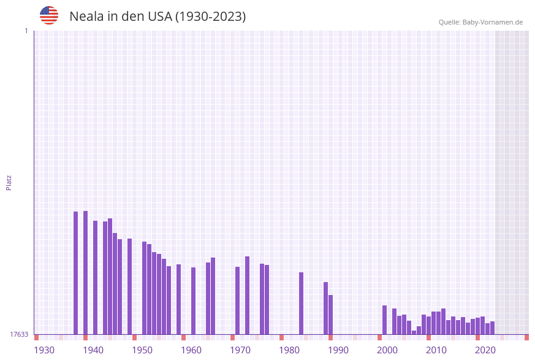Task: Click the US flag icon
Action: tap(49, 15)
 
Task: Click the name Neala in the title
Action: tap(86, 17)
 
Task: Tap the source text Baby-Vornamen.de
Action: tap(493, 22)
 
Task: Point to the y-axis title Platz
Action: tap(9, 182)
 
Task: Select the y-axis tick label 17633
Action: tap(19, 334)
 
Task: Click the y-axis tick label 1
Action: tap(26, 31)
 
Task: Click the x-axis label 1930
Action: tap(44, 350)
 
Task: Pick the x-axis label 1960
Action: tap(191, 350)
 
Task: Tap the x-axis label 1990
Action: tap(338, 350)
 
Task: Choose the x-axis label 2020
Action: tap(485, 350)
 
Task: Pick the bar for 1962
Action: tap(194, 301)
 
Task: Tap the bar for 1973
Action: tap(248, 295)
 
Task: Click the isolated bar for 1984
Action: tap(302, 303)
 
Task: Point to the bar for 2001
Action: tap(385, 320)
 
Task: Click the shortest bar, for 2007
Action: tap(414, 332)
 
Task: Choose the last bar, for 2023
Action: tap(493, 327)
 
